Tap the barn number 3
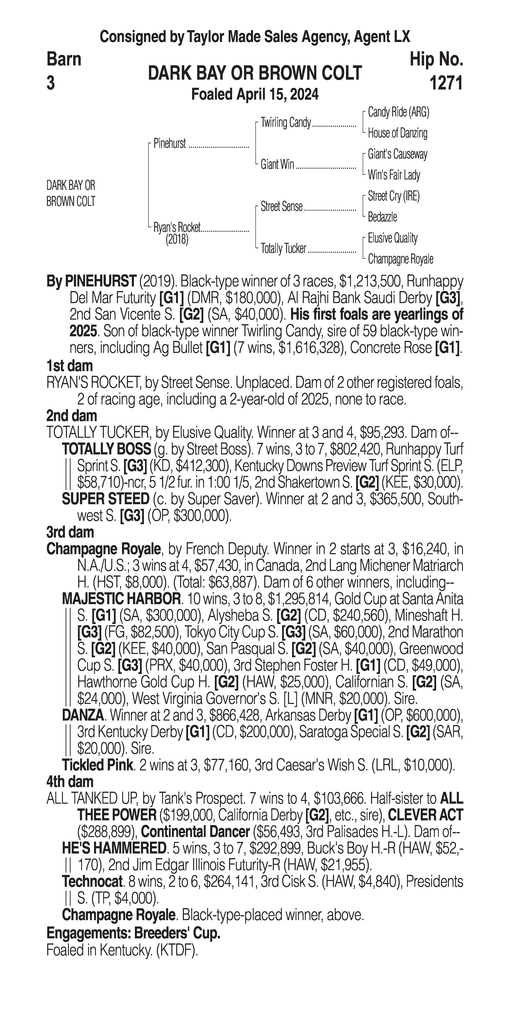point(51,83)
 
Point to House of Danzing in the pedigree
point(397,133)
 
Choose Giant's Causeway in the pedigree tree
point(397,154)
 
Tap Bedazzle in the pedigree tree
point(382,217)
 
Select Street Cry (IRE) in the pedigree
point(393,196)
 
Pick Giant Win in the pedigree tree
point(277,164)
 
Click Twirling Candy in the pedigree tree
point(285,123)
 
